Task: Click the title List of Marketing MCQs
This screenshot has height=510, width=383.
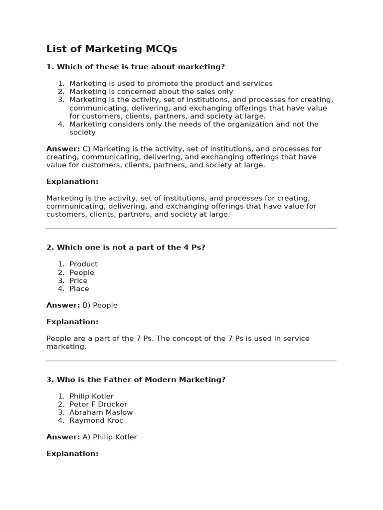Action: click(x=112, y=49)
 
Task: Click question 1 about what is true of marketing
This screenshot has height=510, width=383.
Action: click(x=136, y=67)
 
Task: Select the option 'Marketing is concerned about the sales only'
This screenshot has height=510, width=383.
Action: click(x=151, y=92)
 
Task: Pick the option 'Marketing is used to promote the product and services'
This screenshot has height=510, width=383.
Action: click(x=171, y=84)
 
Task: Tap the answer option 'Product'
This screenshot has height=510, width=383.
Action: click(x=83, y=264)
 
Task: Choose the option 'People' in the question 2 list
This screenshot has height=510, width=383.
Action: click(x=82, y=272)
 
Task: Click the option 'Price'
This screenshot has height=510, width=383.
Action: click(x=78, y=280)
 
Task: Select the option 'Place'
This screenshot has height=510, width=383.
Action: click(x=79, y=288)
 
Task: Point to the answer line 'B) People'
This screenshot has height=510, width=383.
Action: click(x=100, y=305)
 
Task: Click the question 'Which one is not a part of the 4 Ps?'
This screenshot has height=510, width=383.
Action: click(x=126, y=248)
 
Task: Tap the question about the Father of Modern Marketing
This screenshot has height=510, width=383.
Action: click(x=136, y=380)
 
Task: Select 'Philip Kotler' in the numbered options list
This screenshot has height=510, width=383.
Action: click(x=91, y=396)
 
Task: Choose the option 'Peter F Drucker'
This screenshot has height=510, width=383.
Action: click(x=98, y=404)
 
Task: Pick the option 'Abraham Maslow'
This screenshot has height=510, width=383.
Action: click(x=101, y=412)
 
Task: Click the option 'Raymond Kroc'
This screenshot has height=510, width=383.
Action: click(x=96, y=420)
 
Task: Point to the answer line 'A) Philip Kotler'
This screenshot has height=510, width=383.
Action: click(x=109, y=437)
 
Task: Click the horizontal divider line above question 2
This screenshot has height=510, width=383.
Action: click(x=191, y=229)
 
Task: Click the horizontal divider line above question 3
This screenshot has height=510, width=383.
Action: click(x=191, y=361)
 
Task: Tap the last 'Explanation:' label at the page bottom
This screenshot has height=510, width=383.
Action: click(x=72, y=454)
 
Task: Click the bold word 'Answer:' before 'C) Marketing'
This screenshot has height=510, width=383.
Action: click(x=63, y=149)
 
